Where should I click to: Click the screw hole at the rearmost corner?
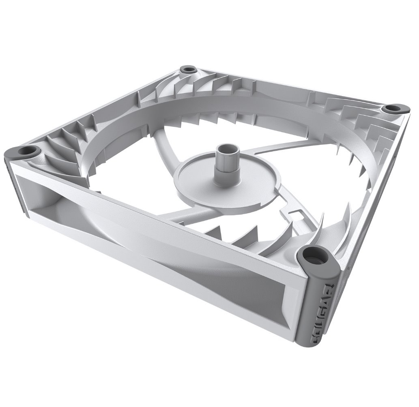188,69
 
